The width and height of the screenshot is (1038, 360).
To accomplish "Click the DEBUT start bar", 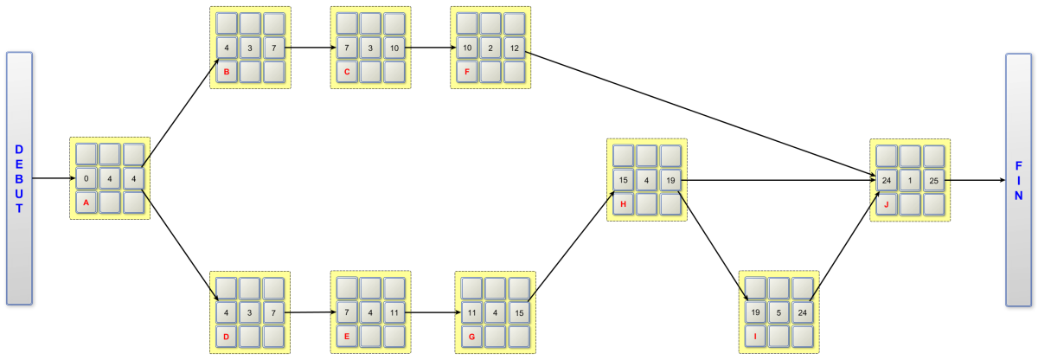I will coord(19,178).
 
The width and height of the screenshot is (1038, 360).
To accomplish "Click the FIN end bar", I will coord(1018,178).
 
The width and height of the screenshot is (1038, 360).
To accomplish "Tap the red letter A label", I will coord(86,202).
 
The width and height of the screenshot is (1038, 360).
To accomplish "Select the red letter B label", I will coord(227,72).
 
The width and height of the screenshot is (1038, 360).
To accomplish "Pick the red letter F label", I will coord(467,72).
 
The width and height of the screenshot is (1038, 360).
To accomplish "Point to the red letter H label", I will coord(623,203).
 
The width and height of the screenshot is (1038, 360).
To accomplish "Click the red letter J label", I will coord(886,204).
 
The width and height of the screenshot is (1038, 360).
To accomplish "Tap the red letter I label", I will coord(755,335).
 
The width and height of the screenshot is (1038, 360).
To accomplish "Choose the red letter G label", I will coord(471,335).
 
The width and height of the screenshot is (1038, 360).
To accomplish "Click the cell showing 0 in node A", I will coord(86,180).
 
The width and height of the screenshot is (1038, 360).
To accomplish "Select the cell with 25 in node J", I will coord(932,181).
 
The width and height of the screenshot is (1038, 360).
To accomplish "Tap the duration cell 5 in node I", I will coord(778,312).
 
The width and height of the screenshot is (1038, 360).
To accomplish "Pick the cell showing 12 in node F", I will coord(514,48).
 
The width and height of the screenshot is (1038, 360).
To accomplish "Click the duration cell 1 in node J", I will coord(909,181).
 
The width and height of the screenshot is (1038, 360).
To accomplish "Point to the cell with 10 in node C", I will coord(394,48).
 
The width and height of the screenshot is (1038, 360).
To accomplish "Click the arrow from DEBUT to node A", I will coord(51,179).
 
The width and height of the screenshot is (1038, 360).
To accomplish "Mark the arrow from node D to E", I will coord(308,312).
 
